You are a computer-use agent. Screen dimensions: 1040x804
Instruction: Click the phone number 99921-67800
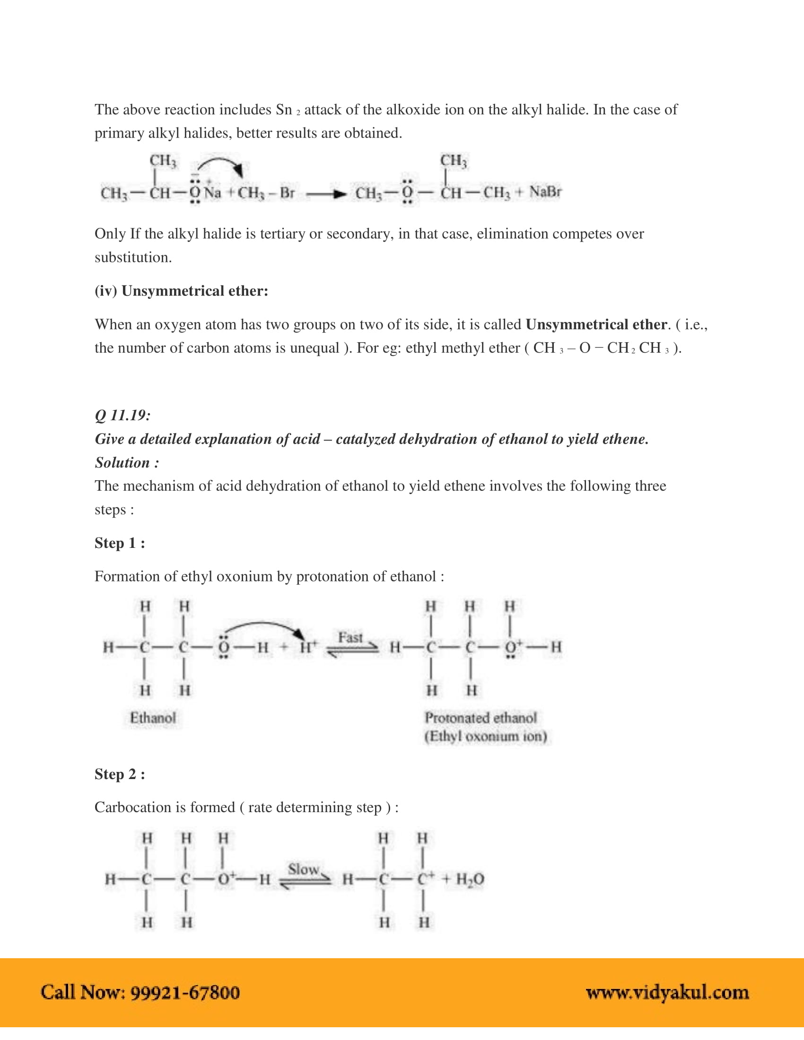(x=185, y=992)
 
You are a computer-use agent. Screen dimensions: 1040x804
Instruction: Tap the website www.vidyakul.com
(x=667, y=992)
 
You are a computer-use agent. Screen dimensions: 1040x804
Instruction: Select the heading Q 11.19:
(x=123, y=415)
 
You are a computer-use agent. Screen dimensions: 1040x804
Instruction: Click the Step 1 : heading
(x=120, y=543)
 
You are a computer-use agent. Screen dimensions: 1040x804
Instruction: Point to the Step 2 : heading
(x=120, y=774)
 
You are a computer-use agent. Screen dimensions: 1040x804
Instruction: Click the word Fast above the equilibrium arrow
(x=350, y=637)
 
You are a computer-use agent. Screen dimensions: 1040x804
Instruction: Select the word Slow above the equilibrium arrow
(x=303, y=869)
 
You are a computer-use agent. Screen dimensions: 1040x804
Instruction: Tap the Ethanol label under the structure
(x=153, y=718)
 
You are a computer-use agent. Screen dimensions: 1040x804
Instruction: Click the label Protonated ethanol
(x=481, y=718)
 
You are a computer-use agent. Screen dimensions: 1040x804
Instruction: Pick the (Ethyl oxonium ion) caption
(x=485, y=737)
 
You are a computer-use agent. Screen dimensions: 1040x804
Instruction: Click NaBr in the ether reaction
(x=545, y=192)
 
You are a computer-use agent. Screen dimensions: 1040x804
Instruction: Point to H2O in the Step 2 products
(x=470, y=879)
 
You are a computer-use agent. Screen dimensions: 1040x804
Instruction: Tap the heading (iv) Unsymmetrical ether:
(x=181, y=290)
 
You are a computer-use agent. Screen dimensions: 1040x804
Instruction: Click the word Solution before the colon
(x=122, y=462)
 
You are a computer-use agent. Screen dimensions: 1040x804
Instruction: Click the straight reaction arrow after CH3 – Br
(x=326, y=194)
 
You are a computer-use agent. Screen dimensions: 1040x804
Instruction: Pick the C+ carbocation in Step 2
(x=425, y=879)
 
